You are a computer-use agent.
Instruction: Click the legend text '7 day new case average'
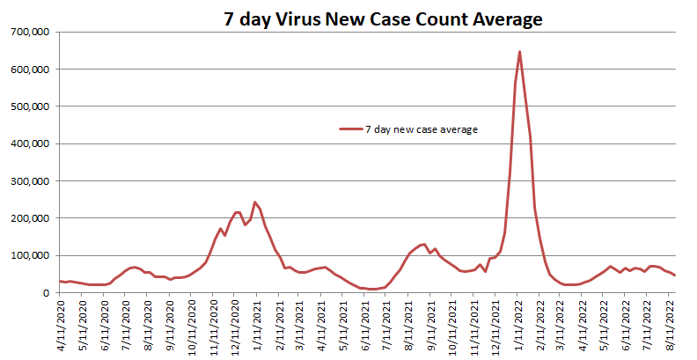(421, 129)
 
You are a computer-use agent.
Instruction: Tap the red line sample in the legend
(350, 129)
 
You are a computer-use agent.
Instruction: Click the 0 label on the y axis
(49, 293)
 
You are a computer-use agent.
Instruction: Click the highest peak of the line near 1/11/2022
(519, 52)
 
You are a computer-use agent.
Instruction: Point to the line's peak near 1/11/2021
(255, 202)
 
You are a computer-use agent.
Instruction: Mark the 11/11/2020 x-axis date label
(214, 327)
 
